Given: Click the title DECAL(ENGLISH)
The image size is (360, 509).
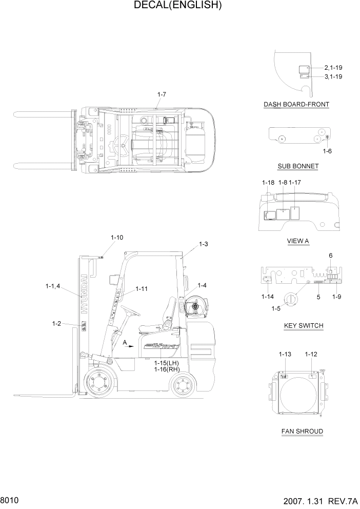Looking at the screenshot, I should coord(177,6).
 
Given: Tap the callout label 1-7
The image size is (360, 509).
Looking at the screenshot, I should coord(162,94).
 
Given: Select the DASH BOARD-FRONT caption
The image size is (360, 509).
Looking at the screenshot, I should coord(296,105).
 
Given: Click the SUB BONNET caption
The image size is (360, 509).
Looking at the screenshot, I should coord(298,166).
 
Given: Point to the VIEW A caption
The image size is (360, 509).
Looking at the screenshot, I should coord(297,241).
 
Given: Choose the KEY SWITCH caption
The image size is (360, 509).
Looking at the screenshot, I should coord(303,326).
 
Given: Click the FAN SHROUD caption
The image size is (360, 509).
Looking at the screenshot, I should coord(302,431).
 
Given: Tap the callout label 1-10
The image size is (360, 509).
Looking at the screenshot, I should coord(117,238).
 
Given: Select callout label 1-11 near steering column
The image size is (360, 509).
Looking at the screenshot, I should coord(142,289).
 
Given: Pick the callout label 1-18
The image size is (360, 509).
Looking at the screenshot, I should coord(268,183).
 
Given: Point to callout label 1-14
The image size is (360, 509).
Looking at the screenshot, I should coord(267,297).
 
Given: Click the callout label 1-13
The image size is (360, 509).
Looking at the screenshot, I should coord(285,354).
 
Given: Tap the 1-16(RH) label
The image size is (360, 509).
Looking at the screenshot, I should coord(165,368).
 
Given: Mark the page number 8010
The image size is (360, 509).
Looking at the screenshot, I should coord(10,499).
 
